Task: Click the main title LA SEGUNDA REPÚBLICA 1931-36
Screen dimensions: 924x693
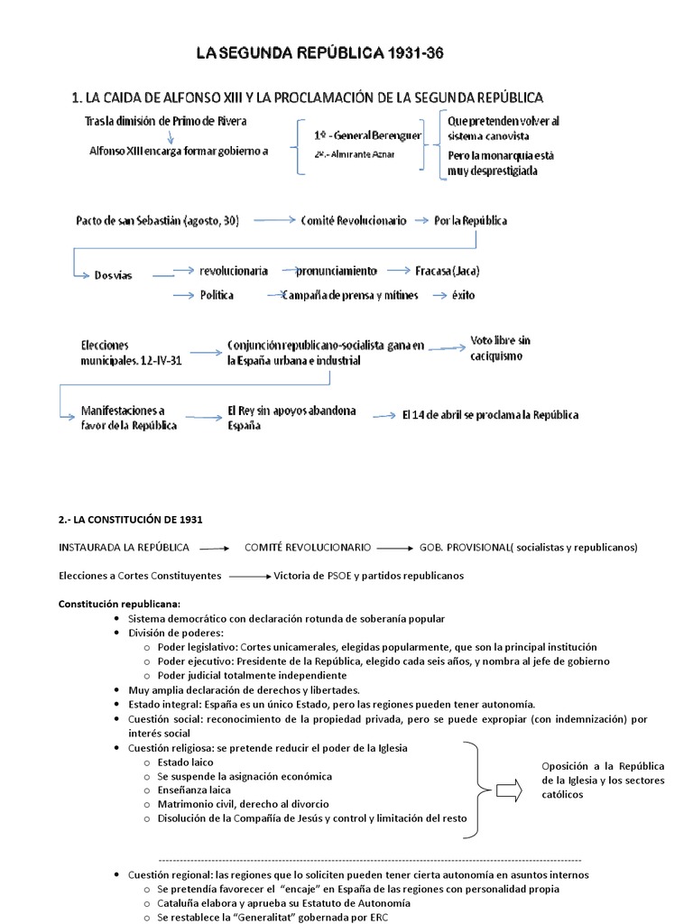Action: coord(320,55)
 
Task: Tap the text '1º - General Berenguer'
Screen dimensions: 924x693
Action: coord(367,134)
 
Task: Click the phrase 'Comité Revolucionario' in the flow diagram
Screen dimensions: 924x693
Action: coord(354,220)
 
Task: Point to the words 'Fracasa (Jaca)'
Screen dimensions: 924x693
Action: coord(448,271)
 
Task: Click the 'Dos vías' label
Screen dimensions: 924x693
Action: coord(113,275)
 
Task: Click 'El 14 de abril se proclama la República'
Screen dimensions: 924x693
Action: coord(490,415)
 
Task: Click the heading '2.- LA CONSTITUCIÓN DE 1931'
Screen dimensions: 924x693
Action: coord(131,520)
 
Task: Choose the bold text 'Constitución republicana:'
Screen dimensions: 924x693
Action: coord(119,604)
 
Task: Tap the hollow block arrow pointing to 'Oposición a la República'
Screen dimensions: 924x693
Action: coord(509,791)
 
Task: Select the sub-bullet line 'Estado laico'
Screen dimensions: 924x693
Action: coord(186,762)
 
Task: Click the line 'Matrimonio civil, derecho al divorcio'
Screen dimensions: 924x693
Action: coord(243,804)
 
